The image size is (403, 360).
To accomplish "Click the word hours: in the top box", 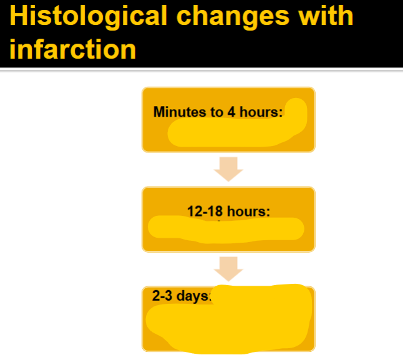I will coord(260,112).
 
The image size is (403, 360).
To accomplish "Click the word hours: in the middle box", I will coord(248,211).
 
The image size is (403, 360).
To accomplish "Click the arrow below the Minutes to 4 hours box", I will coord(228,168).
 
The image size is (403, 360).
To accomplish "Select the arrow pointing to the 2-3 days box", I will coord(228,269).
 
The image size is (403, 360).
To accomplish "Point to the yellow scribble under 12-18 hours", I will coord(225,229).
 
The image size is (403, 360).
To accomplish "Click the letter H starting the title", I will coord(19,17).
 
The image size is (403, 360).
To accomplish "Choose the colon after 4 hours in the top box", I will coord(281,114).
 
